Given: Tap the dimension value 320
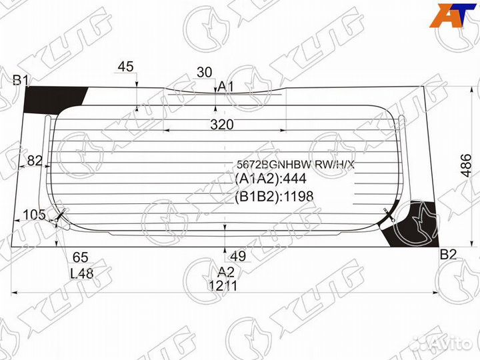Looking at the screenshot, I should pyautogui.click(x=223, y=124).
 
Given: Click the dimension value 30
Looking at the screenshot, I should pyautogui.click(x=205, y=72).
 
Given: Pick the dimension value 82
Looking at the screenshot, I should pyautogui.click(x=35, y=160).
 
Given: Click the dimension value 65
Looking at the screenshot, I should pyautogui.click(x=81, y=257).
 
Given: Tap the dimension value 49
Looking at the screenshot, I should pyautogui.click(x=238, y=257).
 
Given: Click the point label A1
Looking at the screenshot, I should pyautogui.click(x=226, y=87).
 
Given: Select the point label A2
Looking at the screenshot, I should pyautogui.click(x=226, y=271).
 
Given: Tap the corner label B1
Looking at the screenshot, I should pyautogui.click(x=21, y=81).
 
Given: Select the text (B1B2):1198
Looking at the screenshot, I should pyautogui.click(x=274, y=196).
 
